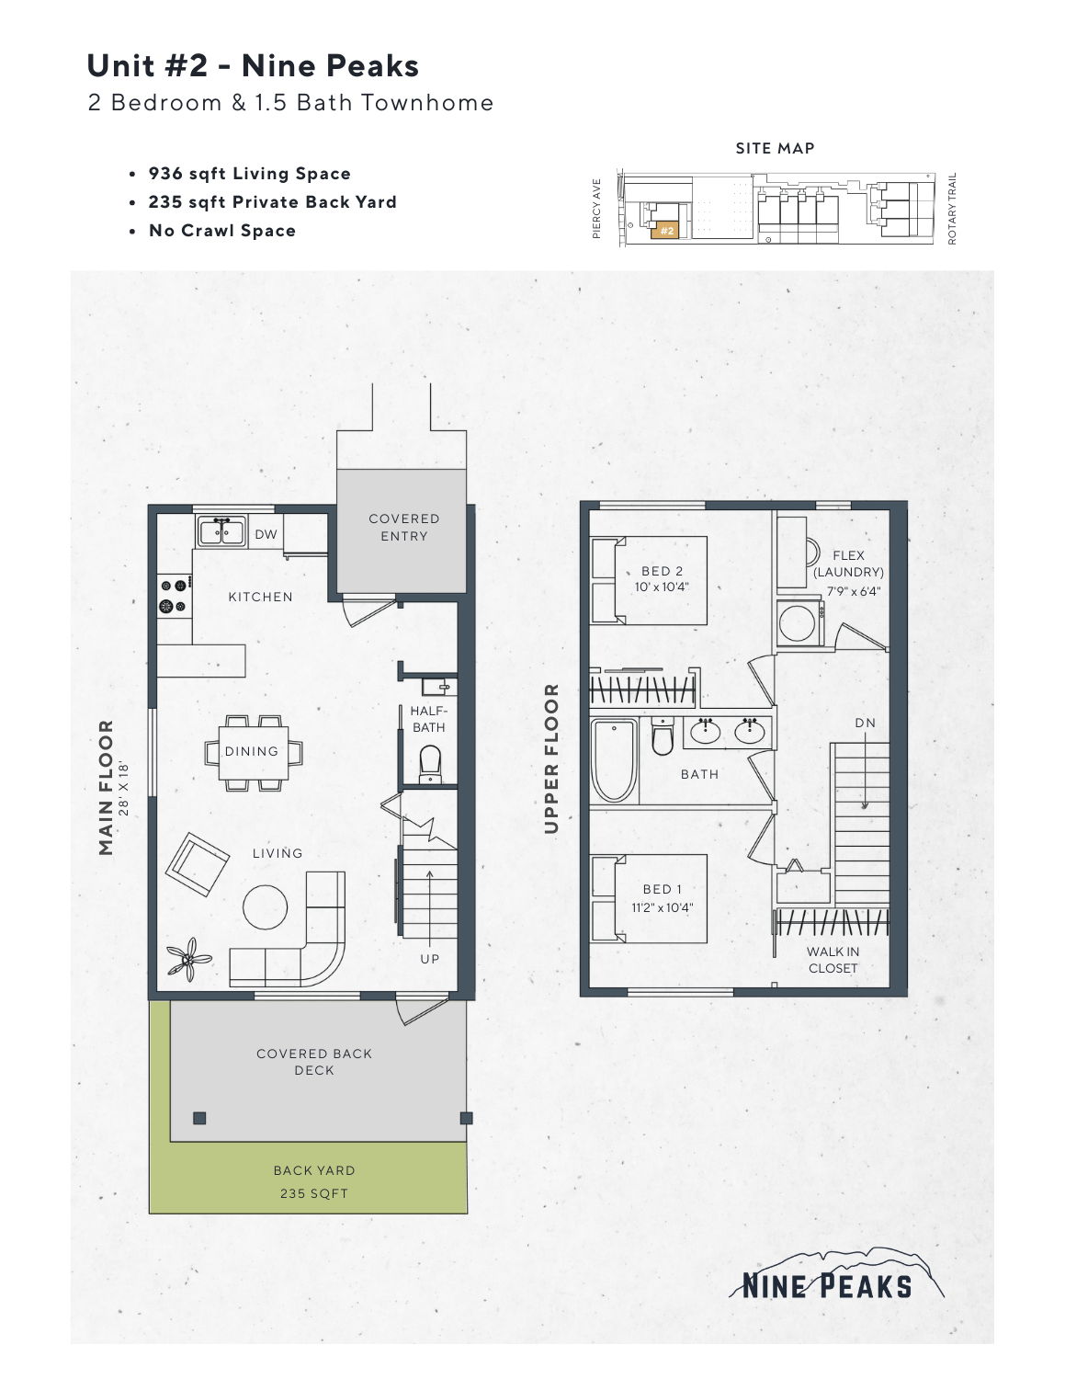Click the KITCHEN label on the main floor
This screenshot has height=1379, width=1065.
coord(260,597)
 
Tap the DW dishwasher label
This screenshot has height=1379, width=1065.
coord(266,534)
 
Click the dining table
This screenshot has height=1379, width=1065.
coord(252,752)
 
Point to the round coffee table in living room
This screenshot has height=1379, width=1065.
coord(266,907)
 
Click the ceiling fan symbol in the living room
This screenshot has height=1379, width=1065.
coord(187,959)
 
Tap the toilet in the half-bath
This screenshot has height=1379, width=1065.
coord(430,763)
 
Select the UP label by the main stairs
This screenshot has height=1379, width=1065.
coord(430,959)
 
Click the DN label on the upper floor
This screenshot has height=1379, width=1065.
coord(865,723)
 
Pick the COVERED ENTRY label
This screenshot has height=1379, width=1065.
coord(404,528)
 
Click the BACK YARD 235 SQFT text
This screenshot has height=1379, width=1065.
coord(314,1181)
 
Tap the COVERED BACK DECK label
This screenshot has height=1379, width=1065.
coord(314,1062)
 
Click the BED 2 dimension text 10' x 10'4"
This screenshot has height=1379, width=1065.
coord(662,587)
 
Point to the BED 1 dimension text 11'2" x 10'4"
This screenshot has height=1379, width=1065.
coord(662,907)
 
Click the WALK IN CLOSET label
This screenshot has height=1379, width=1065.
coord(833,960)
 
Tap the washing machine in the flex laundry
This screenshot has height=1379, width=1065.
coord(798,623)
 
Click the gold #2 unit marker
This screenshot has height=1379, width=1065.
coord(667,231)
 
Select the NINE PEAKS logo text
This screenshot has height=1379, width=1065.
coord(827,1285)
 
